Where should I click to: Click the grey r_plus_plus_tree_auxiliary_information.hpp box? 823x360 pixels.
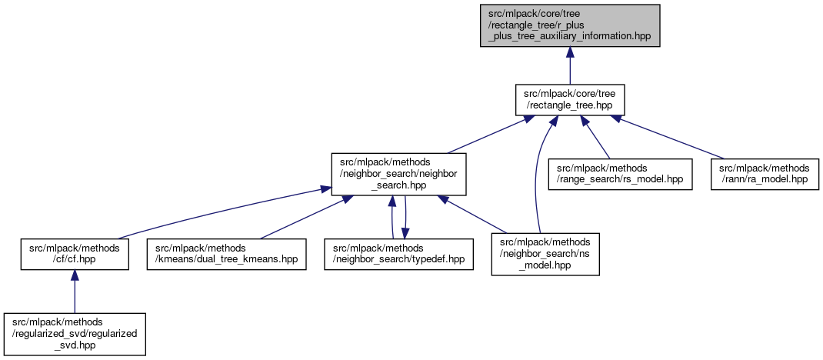pyautogui.click(x=568, y=25)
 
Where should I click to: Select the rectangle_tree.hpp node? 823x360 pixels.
pyautogui.click(x=568, y=99)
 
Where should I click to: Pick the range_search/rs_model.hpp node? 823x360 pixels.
pyautogui.click(x=620, y=173)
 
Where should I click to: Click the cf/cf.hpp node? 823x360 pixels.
pyautogui.click(x=74, y=253)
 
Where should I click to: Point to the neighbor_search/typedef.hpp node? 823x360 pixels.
pyautogui.click(x=398, y=253)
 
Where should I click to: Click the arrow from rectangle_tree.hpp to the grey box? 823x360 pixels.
pyautogui.click(x=569, y=65)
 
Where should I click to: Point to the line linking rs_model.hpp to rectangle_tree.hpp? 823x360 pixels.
pyautogui.click(x=596, y=137)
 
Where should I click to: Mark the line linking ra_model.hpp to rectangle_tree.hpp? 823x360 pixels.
pyautogui.click(x=669, y=136)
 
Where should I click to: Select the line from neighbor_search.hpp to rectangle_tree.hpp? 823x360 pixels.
pyautogui.click(x=485, y=136)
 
